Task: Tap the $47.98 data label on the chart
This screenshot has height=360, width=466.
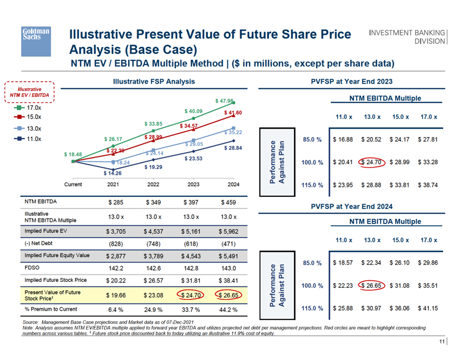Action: tap(225, 101)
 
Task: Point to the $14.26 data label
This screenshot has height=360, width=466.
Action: tap(113, 173)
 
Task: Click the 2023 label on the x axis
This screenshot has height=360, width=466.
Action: tap(193, 184)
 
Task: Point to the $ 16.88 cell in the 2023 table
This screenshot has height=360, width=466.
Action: tap(344, 139)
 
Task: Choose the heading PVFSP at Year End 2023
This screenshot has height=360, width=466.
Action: tap(352, 82)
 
